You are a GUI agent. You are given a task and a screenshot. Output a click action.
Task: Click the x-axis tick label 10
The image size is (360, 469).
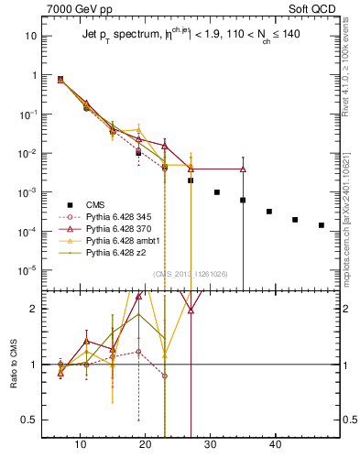(81, 444)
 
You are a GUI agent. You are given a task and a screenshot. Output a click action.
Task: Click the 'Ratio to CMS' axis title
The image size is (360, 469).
(15, 365)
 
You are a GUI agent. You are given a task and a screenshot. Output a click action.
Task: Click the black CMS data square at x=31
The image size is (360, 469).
(217, 192)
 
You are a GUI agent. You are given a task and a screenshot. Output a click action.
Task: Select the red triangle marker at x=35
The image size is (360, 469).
(243, 169)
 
